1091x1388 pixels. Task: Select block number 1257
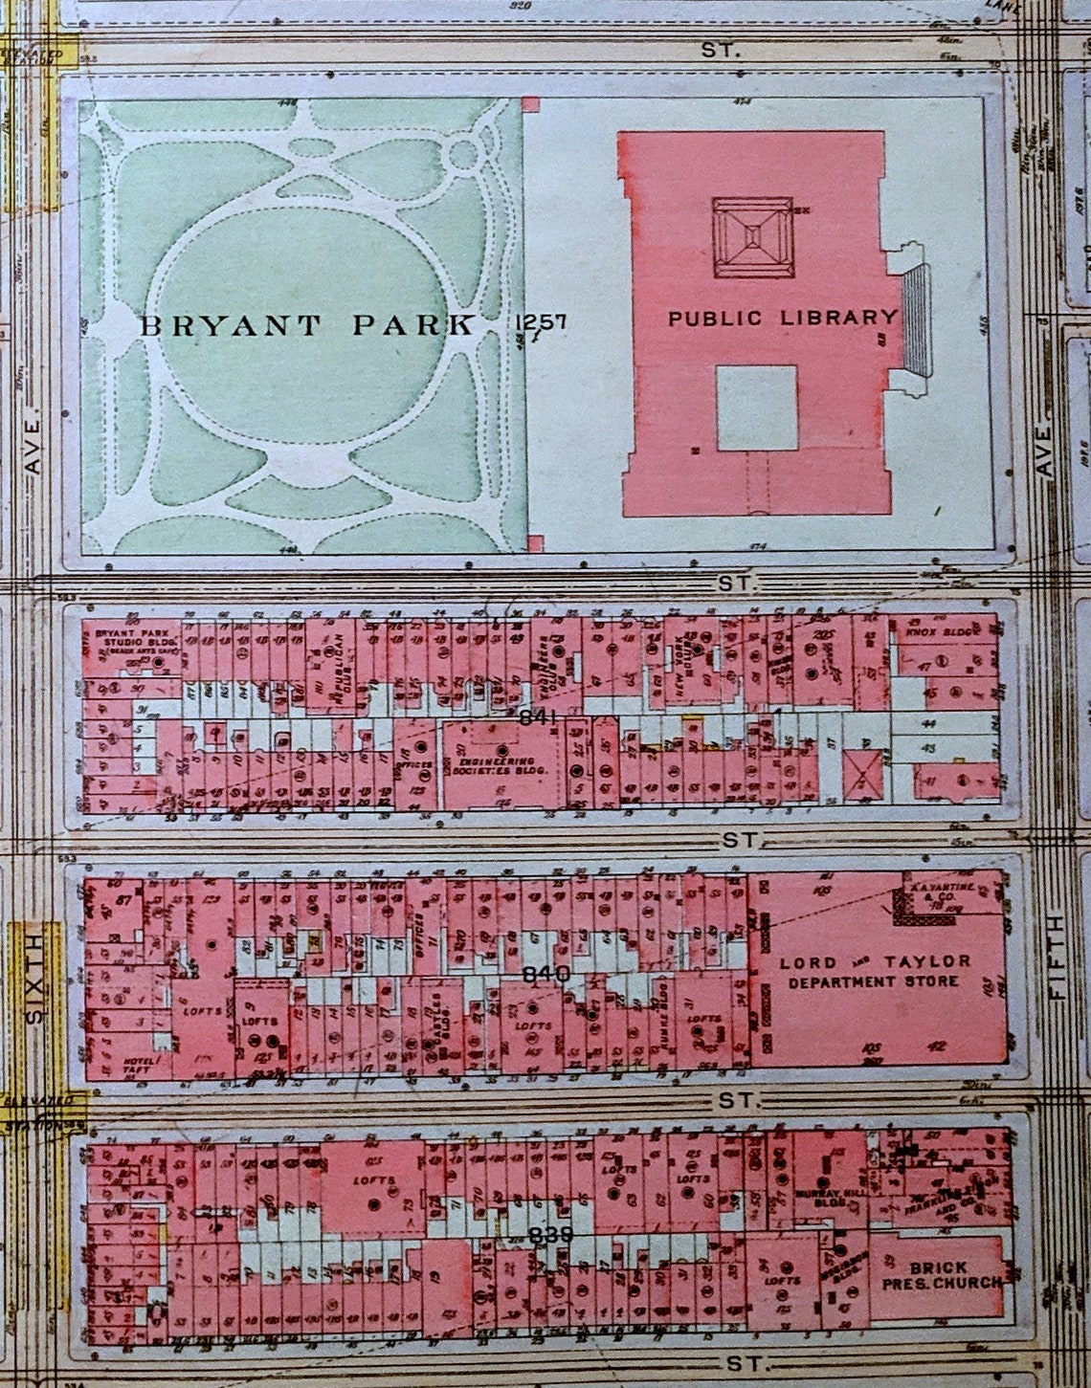[x=541, y=322]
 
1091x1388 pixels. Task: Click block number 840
[x=548, y=974]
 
